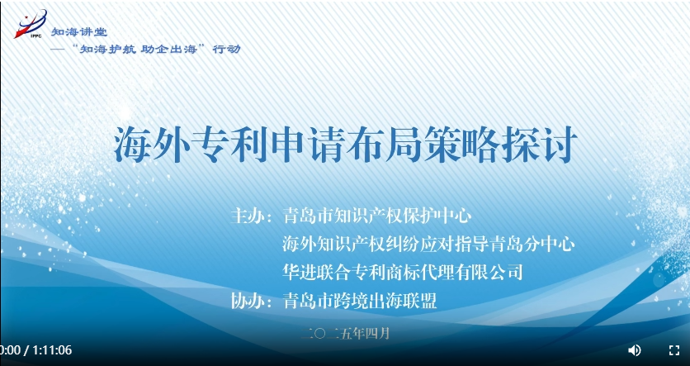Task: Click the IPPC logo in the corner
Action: point(30,24)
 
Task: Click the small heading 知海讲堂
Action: point(79,31)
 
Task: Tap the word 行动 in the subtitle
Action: point(227,49)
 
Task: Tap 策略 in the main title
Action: point(462,145)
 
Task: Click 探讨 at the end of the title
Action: point(540,145)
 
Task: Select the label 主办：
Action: point(253,216)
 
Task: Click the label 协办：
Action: point(253,302)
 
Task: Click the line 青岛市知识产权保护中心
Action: point(377,216)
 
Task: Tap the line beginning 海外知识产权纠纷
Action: point(428,244)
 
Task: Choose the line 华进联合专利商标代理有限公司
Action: point(403,272)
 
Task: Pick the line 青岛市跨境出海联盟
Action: point(360,302)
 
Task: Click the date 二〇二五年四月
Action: point(346,334)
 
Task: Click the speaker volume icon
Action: point(634,350)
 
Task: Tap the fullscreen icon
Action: point(674,350)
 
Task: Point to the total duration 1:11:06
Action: point(52,350)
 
